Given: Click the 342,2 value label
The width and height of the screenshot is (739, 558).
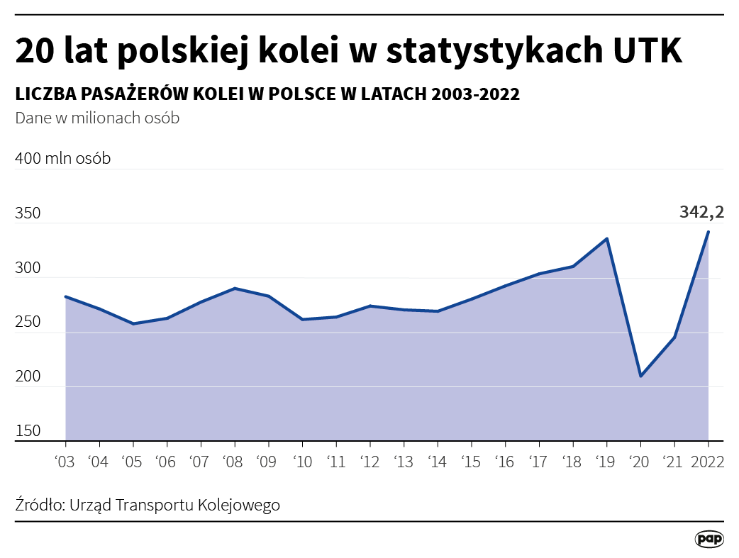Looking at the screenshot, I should (x=701, y=211).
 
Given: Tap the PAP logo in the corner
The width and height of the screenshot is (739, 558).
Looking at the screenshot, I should (x=709, y=539).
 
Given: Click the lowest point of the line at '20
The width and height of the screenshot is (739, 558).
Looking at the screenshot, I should (x=640, y=376).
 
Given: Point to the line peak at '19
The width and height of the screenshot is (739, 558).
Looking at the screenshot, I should (x=606, y=239).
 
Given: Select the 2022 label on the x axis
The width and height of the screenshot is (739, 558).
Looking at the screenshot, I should (x=708, y=462).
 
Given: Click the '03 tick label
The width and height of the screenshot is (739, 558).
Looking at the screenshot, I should (x=65, y=462).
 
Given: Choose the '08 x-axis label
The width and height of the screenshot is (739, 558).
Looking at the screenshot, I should (x=234, y=462).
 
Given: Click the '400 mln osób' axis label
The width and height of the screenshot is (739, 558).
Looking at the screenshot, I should (x=62, y=159).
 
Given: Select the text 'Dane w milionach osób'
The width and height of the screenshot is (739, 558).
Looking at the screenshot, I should (x=97, y=118).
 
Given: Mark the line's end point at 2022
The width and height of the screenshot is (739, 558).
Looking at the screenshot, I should (x=708, y=232).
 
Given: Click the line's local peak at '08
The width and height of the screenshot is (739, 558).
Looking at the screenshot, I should (x=234, y=289).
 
